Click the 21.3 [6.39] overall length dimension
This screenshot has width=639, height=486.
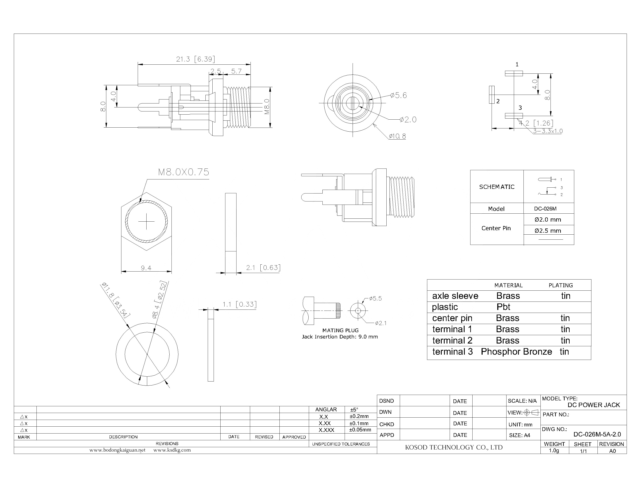click(x=195, y=59)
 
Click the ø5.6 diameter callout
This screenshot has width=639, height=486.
click(x=398, y=95)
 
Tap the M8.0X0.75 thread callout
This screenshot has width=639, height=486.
click(x=183, y=172)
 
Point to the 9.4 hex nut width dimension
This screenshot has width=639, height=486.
click(x=146, y=268)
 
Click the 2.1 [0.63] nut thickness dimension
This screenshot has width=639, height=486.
click(x=263, y=268)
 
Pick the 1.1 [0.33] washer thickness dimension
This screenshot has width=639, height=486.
click(x=239, y=304)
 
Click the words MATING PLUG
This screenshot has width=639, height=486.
click(x=340, y=330)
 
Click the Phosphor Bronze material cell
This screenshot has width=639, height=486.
click(x=516, y=352)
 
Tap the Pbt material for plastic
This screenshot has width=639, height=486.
click(x=503, y=307)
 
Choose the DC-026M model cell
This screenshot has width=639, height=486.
click(x=545, y=209)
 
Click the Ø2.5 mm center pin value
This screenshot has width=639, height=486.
click(x=547, y=231)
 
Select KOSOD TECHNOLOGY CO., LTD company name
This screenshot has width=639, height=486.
click(x=453, y=448)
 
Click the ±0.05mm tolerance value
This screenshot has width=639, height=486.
click(x=360, y=430)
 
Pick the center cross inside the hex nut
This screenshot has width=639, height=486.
click(x=146, y=222)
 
